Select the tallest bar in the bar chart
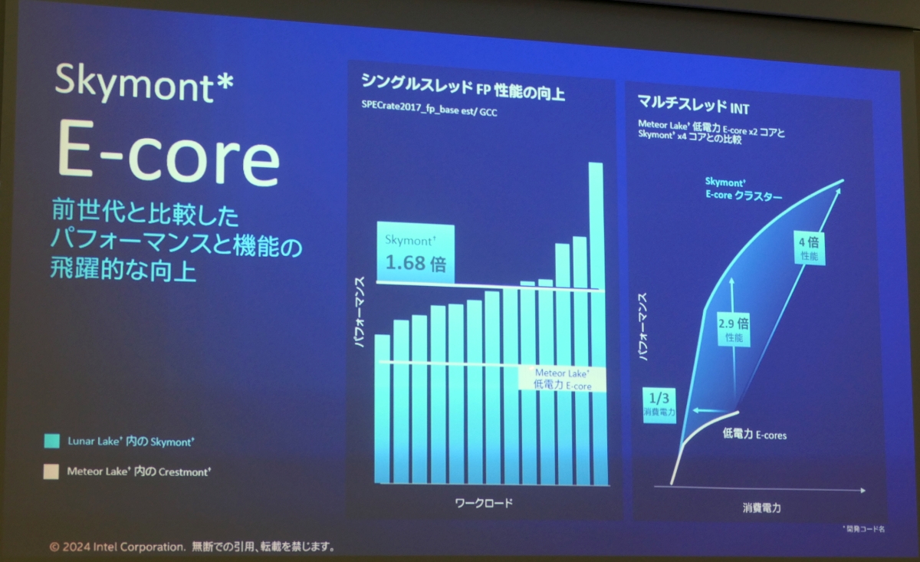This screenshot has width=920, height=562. (x=596, y=322)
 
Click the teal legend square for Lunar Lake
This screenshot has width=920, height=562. (x=52, y=441)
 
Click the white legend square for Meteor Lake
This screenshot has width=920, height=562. (x=52, y=472)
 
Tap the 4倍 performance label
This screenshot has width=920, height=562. (x=808, y=248)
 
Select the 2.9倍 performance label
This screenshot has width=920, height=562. (x=733, y=327)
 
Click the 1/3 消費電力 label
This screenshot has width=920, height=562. (x=659, y=403)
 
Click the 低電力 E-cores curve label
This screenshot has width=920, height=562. (x=754, y=435)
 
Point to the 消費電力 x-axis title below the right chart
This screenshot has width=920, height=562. (x=761, y=507)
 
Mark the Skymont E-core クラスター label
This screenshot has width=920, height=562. (x=743, y=189)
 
